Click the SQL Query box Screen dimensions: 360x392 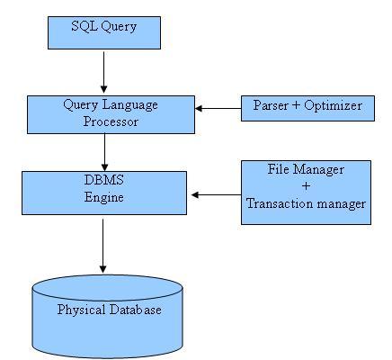coord(103,31)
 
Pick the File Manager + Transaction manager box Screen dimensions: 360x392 coord(306,192)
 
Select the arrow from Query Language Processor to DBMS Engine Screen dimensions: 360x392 coord(105,151)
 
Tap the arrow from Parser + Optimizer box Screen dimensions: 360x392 coord(218,108)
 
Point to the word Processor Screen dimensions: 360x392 coord(111,121)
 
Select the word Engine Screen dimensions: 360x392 coord(104,196)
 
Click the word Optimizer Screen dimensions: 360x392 coord(332,106)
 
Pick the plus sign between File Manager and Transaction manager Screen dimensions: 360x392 coord(306,186)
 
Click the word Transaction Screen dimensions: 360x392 coord(280,203)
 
